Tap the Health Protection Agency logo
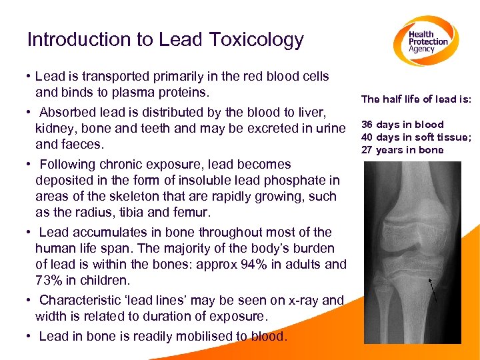tap(427, 41)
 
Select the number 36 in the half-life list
tap(367, 125)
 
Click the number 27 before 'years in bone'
tap(367, 150)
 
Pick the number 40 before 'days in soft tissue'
tap(367, 137)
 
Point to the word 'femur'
tap(193, 213)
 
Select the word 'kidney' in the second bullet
tap(55, 128)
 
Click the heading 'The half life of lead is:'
tap(416, 99)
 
